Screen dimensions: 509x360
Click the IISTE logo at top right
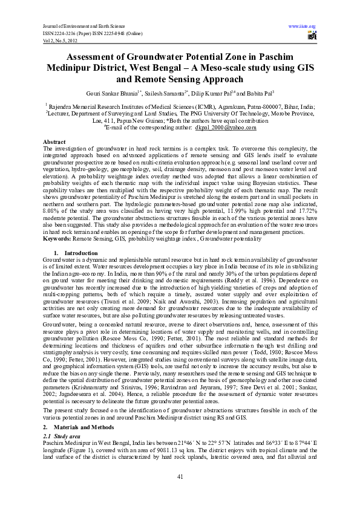point(312,36)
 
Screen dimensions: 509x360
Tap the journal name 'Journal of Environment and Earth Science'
point(82,26)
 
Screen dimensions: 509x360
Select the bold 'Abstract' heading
point(56,141)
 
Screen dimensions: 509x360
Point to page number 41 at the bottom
point(180,478)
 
